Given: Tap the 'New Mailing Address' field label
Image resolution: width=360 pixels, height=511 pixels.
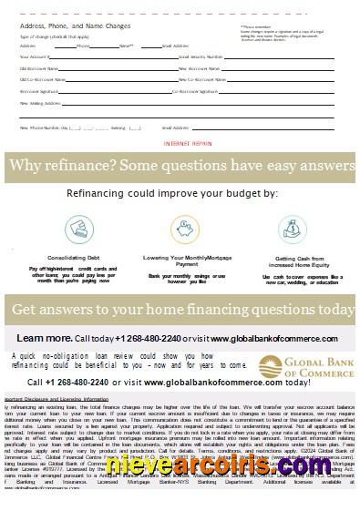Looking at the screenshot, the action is pos(36,103).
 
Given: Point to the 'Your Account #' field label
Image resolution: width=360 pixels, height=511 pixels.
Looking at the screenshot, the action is pos(34,56).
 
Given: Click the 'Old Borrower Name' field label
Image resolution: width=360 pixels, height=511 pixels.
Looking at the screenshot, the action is pos(36,68).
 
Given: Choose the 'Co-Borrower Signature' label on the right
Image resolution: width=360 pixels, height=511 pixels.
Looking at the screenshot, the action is pos(200,91).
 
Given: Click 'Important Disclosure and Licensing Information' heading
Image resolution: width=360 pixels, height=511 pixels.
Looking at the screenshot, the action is pos(56,399).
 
